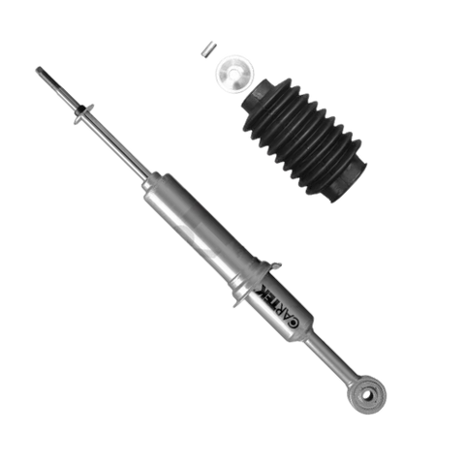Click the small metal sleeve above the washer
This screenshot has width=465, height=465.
tap(208, 49)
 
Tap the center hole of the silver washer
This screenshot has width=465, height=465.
tap(234, 75)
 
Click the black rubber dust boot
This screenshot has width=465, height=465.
tap(304, 139)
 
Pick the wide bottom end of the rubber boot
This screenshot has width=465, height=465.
tap(346, 182)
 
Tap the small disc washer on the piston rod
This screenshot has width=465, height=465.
tap(83, 114)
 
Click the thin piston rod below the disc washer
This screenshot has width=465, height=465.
tap(117, 146)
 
